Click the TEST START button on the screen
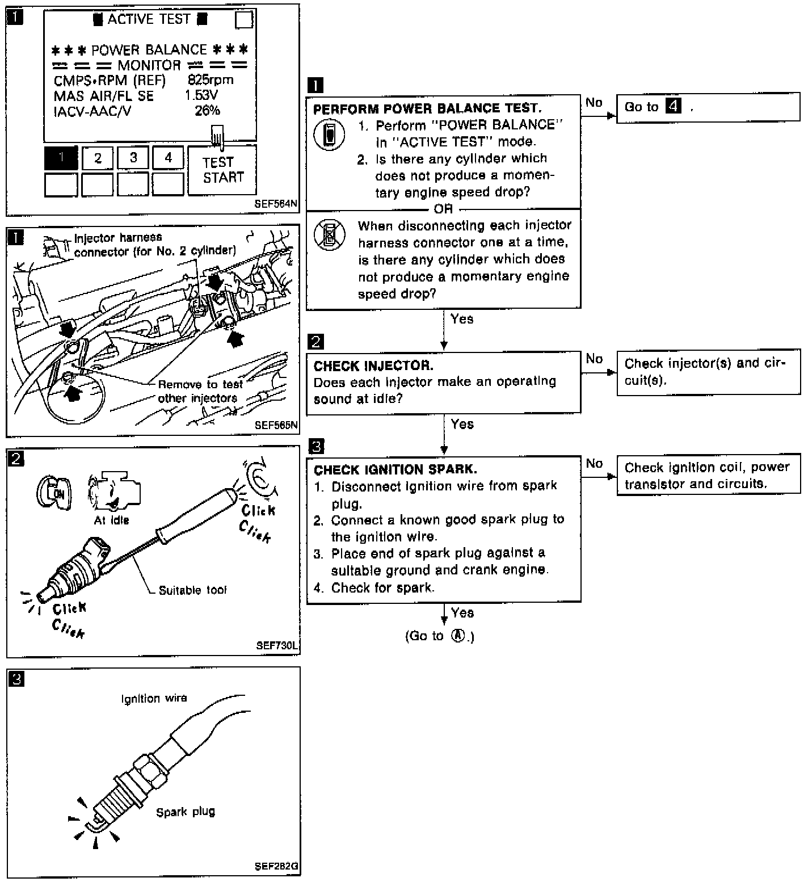click(222, 170)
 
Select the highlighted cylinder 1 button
click(61, 158)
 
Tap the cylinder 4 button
click(168, 158)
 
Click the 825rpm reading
click(210, 80)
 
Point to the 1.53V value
click(201, 95)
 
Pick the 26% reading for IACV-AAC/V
click(207, 111)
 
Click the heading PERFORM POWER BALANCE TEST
click(427, 108)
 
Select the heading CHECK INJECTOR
click(373, 366)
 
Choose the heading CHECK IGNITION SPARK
click(395, 470)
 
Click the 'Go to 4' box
click(708, 107)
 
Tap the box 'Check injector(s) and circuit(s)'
click(708, 372)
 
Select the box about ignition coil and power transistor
click(708, 476)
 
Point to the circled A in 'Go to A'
click(457, 636)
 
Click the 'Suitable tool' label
click(192, 590)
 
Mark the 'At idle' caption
click(111, 520)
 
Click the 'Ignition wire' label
click(154, 699)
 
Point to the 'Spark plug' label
click(186, 812)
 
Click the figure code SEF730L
click(277, 645)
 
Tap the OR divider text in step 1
click(443, 209)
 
